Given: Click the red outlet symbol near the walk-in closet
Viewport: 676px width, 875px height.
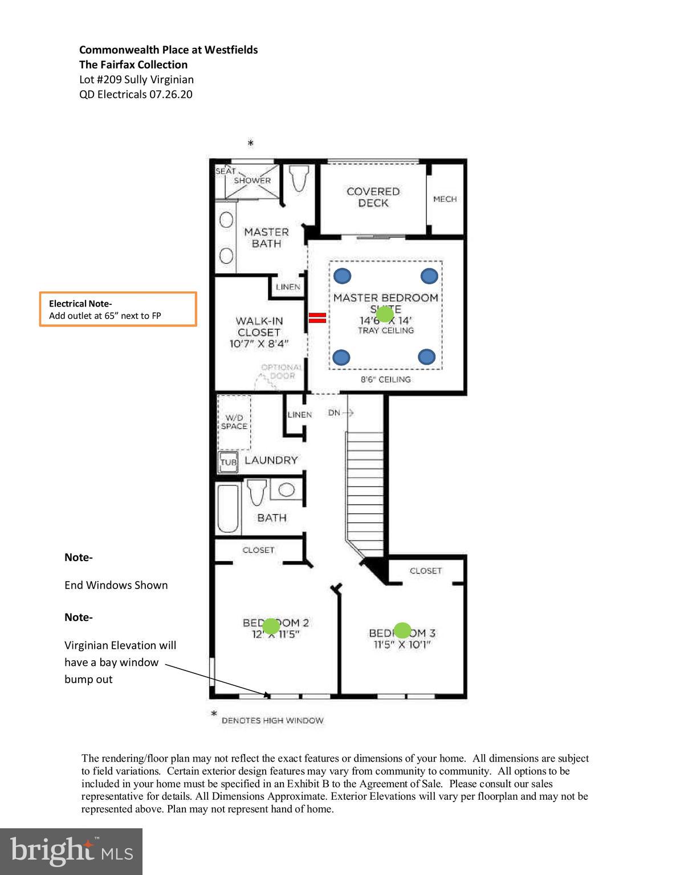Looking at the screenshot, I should [317, 318].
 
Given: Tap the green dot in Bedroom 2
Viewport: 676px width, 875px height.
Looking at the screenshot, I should [271, 626].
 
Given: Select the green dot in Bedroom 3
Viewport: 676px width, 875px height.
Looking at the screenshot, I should [402, 630].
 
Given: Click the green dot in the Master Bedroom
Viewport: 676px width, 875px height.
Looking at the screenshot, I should [385, 314].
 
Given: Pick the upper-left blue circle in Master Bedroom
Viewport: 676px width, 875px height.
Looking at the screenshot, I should [342, 276].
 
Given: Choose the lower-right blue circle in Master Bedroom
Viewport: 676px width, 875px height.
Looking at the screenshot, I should [427, 357].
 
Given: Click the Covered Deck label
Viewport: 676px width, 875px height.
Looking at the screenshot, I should [373, 197].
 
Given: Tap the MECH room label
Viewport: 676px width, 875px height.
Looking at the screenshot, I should [445, 199].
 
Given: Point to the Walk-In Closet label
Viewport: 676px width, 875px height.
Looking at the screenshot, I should [259, 332].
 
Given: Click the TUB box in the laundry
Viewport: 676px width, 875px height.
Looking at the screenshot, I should [228, 462].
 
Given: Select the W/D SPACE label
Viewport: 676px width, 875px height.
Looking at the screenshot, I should [234, 422].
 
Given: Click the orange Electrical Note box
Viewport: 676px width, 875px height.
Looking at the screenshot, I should [118, 309].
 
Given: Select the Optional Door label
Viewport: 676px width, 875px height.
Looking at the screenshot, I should [281, 371].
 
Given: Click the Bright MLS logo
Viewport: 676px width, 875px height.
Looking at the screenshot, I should [71, 851].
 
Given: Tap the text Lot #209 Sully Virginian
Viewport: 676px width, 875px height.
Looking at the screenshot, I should [136, 80].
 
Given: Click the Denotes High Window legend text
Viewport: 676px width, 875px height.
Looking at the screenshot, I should [272, 721].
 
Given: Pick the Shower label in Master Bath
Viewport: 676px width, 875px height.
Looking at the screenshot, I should [252, 181].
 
